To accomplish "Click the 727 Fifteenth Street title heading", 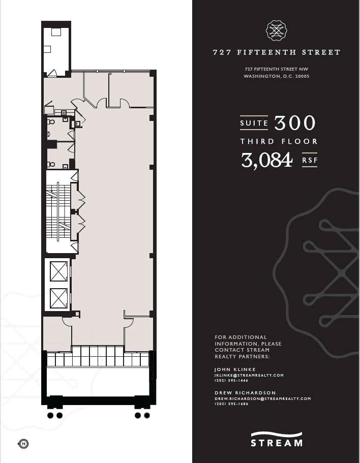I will coord(276,52).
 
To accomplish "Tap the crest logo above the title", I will coord(277,30).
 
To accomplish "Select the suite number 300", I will coord(295,123).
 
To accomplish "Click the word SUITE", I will coord(254,123).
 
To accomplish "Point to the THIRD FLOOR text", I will coord(279,141).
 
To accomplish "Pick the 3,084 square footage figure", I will coord(267,161).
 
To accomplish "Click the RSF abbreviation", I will coord(310,160).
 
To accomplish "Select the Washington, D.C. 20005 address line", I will coord(276,76).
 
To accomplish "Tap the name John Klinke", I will coord(235,369).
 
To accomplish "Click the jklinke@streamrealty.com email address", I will coord(249,375).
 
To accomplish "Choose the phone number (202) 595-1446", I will coord(231,381).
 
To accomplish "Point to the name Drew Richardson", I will coord(245,393).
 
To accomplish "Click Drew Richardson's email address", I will coord(262,399).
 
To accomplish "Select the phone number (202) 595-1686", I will coord(231,404).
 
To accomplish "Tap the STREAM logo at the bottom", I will coord(276,440).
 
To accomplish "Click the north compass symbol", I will coord(23,444).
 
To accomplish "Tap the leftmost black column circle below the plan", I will coord(50,415).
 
